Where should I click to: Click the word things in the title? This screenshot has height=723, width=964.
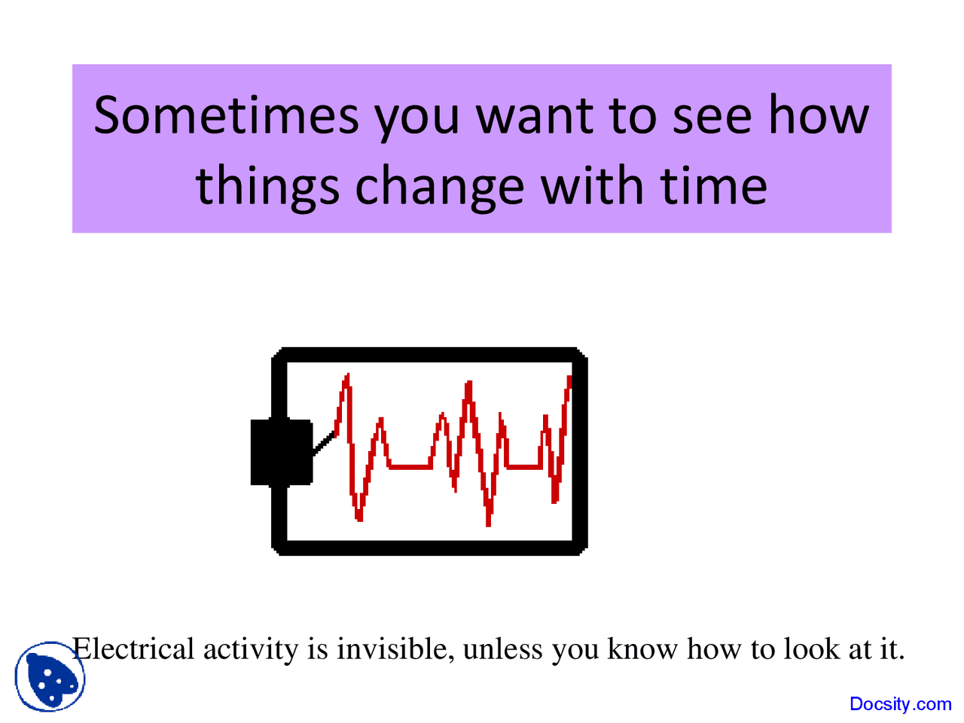click(x=267, y=186)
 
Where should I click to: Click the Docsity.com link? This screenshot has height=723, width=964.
click(x=900, y=704)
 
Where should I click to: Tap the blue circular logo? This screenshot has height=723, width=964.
click(x=50, y=676)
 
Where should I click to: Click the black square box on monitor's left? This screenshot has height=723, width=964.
click(x=281, y=452)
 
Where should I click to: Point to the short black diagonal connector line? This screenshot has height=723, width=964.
click(x=324, y=443)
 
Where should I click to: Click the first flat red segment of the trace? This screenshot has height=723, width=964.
click(x=410, y=467)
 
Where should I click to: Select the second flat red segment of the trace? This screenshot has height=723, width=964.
click(x=523, y=467)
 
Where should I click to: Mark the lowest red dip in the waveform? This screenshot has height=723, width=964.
click(x=488, y=520)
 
